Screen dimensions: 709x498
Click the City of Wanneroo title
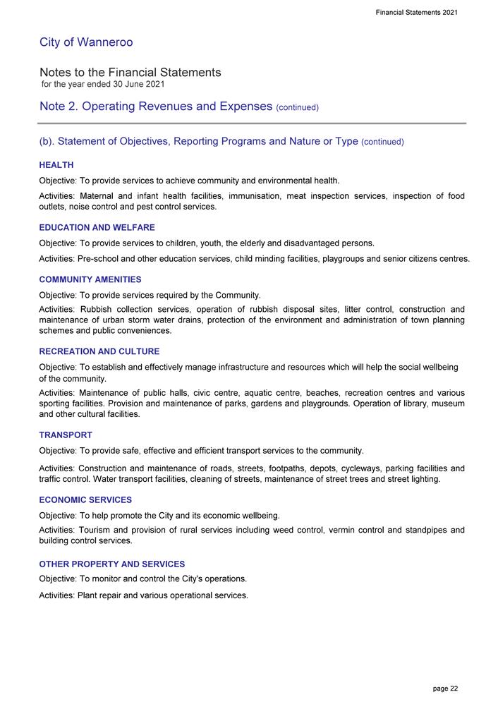pyautogui.click(x=86, y=42)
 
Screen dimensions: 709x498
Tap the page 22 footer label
pyautogui.click(x=445, y=688)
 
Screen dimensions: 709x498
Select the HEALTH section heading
pyautogui.click(x=56, y=165)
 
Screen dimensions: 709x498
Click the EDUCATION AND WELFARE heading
pyautogui.click(x=97, y=228)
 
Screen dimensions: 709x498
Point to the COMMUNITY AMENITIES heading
pyautogui.click(x=90, y=280)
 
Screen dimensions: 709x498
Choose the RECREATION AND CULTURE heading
pyautogui.click(x=99, y=351)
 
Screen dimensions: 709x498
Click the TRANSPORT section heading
pyautogui.click(x=66, y=435)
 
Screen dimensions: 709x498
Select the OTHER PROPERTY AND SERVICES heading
pyautogui.click(x=112, y=564)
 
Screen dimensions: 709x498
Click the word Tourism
pyautogui.click(x=97, y=530)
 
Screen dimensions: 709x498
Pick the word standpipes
pyautogui.click(x=413, y=530)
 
